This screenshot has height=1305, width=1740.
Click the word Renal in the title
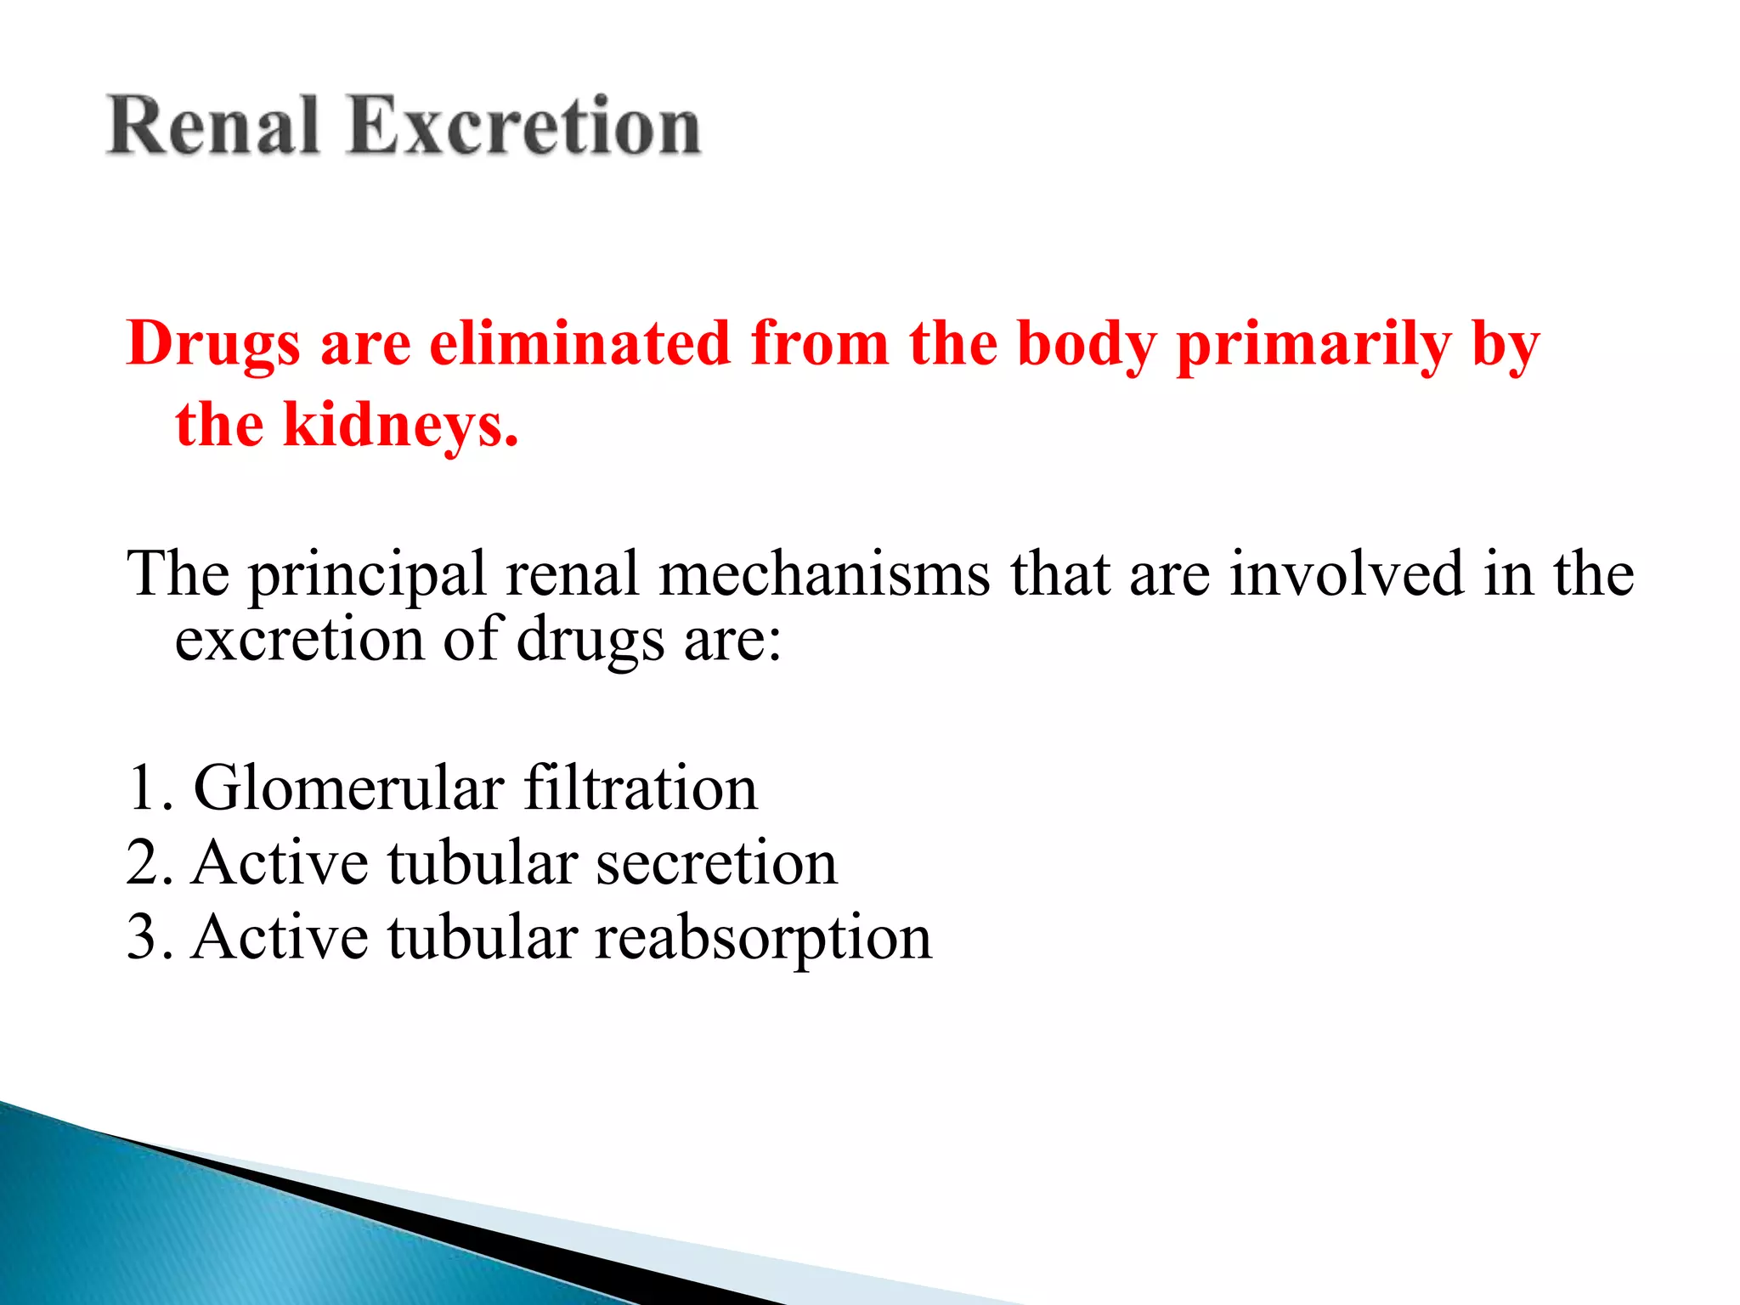213,127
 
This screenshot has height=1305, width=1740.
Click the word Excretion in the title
524,127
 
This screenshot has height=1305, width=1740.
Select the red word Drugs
213,345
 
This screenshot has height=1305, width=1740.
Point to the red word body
1087,345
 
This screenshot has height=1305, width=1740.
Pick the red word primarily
1313,345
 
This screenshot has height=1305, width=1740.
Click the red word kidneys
399,425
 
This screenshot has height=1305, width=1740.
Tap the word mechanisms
824,574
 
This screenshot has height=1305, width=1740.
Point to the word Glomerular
348,788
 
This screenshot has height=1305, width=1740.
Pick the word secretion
716,863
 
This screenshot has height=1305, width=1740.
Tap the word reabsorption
762,939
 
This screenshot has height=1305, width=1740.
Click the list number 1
143,788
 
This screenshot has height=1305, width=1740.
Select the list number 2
143,863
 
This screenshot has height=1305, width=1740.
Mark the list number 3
143,938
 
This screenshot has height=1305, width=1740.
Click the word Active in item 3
280,938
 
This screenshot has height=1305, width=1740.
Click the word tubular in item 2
482,863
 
